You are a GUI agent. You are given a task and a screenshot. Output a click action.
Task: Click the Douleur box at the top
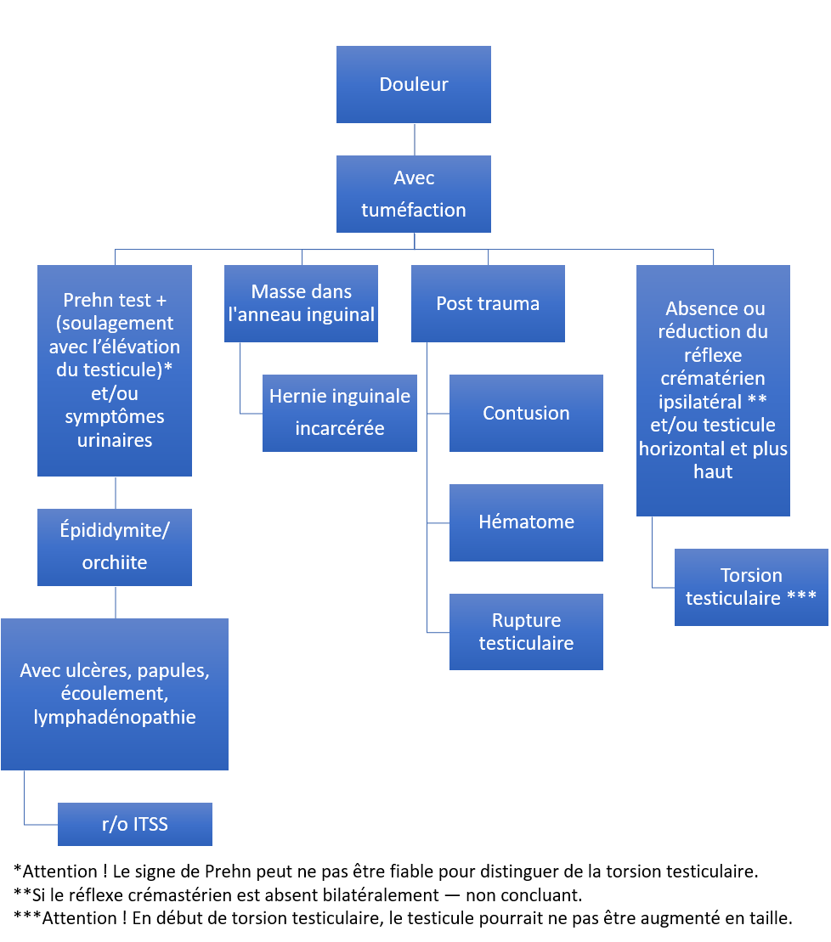(414, 85)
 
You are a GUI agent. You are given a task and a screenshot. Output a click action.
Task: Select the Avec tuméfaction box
(414, 194)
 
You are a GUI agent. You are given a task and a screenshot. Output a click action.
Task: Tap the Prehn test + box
(115, 370)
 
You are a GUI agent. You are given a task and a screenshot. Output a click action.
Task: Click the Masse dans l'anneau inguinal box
(301, 303)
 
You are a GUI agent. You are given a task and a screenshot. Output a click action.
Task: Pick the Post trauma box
(488, 303)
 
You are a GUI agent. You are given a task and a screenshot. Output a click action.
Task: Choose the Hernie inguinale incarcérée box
(340, 414)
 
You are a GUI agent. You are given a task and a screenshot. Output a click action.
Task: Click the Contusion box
(526, 414)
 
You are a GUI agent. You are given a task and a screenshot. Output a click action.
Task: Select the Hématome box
(526, 522)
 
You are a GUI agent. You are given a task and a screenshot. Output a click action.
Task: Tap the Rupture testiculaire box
(526, 632)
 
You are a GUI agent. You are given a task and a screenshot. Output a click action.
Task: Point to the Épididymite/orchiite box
(115, 547)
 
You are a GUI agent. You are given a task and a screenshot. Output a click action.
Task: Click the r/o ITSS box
(135, 824)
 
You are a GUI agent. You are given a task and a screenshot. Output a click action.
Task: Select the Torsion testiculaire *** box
(751, 588)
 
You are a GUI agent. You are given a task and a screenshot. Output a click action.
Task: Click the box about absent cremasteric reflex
(713, 391)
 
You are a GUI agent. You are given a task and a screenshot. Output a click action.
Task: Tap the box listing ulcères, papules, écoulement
(115, 695)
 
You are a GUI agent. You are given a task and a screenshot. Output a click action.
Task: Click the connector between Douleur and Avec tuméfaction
(415, 139)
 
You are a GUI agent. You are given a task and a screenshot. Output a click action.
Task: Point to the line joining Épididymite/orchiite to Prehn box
(116, 493)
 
